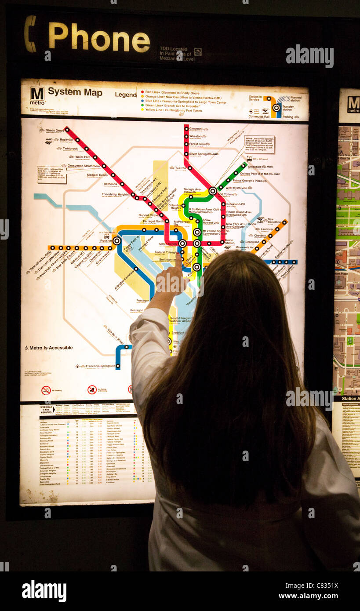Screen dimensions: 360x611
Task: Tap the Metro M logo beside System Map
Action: pyautogui.click(x=37, y=94)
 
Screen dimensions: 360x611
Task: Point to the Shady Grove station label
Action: pyautogui.click(x=55, y=131)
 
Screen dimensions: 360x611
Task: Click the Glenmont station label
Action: pyautogui.click(x=196, y=129)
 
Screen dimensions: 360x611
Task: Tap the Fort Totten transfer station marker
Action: pyautogui.click(x=213, y=191)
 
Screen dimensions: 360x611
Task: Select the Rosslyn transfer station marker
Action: pyautogui.click(x=116, y=240)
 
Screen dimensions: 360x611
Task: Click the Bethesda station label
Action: pyautogui.click(x=110, y=184)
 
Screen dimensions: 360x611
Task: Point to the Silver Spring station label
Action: pyautogui.click(x=198, y=154)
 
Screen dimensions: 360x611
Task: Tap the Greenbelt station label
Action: pyautogui.click(x=255, y=167)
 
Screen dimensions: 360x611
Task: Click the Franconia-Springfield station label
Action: pyautogui.click(x=101, y=366)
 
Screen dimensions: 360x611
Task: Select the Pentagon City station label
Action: pyautogui.click(x=136, y=310)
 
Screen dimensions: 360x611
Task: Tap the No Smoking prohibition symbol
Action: pyautogui.click(x=46, y=390)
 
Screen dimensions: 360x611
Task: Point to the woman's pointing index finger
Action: pyautogui.click(x=178, y=261)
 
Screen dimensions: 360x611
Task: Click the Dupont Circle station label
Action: pyautogui.click(x=148, y=215)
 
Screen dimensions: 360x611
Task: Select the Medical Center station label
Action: pyautogui.click(x=98, y=175)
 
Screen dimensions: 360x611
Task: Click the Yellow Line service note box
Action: pyautogui.click(x=259, y=144)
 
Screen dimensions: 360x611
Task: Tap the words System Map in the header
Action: pyautogui.click(x=75, y=92)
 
